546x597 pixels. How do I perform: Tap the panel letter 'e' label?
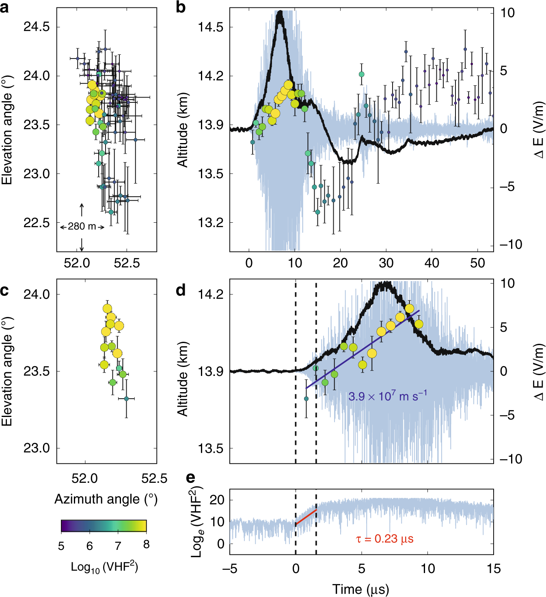point(190,478)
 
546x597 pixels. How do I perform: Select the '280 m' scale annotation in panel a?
point(82,226)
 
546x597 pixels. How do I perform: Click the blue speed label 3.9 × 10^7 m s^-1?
point(387,396)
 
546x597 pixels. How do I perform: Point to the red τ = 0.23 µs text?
point(384,539)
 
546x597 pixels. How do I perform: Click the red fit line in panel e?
point(306,517)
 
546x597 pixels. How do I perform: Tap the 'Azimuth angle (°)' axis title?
point(106,499)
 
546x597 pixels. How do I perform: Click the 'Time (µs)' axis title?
point(360,589)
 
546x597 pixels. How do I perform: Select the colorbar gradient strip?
point(104,525)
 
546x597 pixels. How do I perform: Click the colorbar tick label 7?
point(118,546)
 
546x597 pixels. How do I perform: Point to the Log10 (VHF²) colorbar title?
point(104,567)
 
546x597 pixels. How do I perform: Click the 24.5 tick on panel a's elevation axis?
point(37,27)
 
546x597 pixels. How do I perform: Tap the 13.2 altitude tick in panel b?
point(210,223)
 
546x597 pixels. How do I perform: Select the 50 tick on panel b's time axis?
point(477,263)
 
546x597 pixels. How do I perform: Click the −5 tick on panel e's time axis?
point(230,569)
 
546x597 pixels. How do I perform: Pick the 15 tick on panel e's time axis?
point(493,569)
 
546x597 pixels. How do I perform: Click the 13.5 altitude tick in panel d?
point(210,448)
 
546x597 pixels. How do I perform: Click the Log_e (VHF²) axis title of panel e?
point(197,522)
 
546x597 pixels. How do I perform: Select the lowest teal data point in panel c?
point(126,399)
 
